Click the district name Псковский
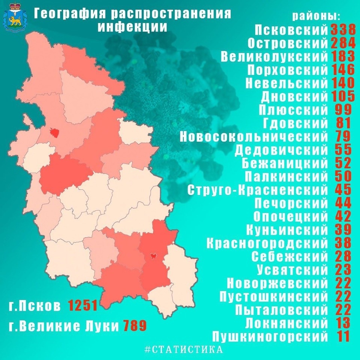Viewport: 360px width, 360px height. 291,30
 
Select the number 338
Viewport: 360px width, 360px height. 342,30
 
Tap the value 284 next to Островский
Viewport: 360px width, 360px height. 342,43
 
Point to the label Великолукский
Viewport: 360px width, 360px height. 274,57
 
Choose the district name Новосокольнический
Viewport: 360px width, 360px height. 254,136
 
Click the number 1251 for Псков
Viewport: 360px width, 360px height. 83,306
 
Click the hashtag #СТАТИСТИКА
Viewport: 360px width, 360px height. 183,349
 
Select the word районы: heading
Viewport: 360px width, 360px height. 316,16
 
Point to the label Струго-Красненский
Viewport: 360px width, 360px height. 258,190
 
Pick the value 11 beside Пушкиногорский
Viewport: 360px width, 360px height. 343,336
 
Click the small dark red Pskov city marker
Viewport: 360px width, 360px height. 55,132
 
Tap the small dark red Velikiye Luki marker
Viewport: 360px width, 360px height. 153,256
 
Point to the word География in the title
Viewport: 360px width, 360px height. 71,13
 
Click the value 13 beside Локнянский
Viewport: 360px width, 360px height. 343,322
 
